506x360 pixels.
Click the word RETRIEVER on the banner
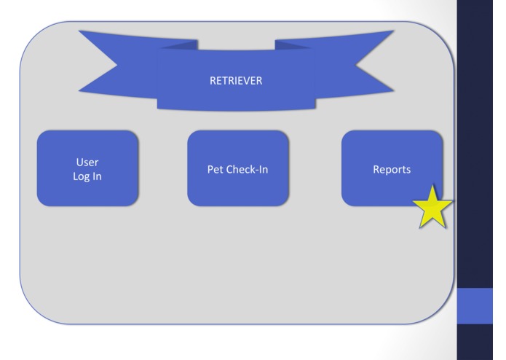point(236,81)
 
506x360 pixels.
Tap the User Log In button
point(87,168)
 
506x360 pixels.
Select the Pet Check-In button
point(237,168)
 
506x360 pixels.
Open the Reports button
point(392,168)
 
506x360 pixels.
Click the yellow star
point(433,208)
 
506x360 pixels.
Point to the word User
point(87,162)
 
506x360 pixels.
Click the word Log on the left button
point(81,177)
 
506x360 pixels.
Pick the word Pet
point(214,170)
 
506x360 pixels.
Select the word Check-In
point(248,170)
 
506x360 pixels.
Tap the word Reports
point(392,170)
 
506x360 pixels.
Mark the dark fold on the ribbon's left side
point(178,45)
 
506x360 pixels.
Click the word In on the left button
point(96,177)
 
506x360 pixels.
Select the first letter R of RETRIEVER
point(213,81)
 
